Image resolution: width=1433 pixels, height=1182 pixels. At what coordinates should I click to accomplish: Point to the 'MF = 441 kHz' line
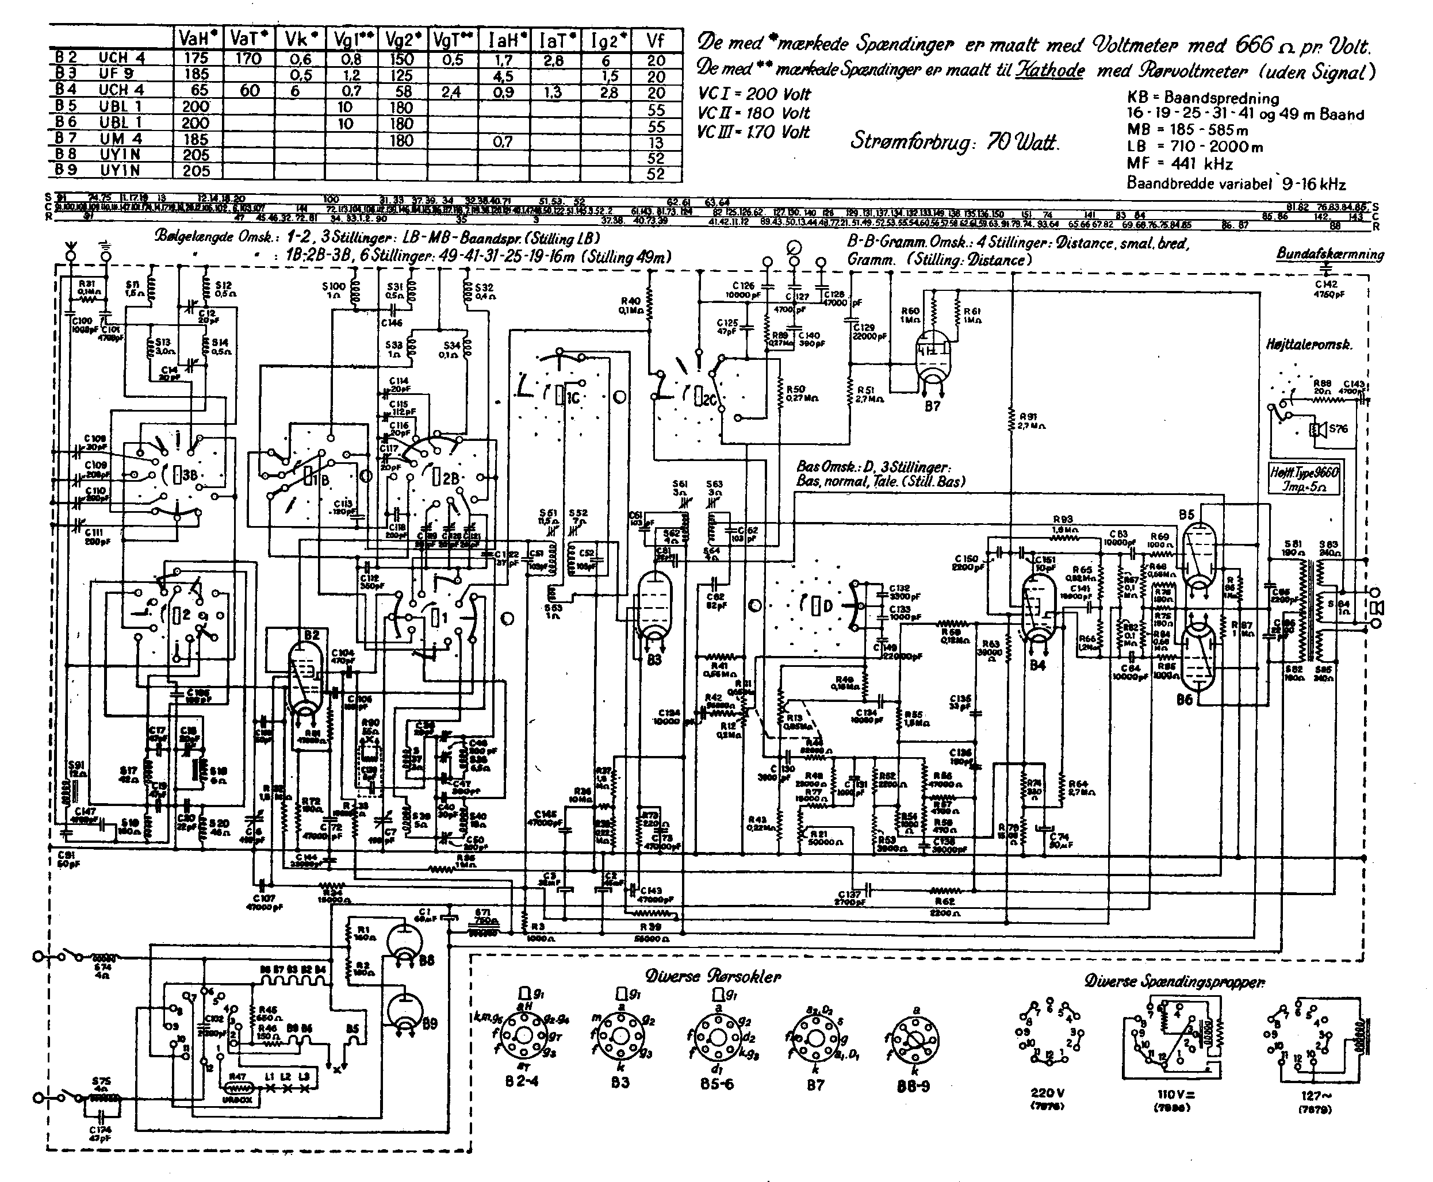tap(1179, 163)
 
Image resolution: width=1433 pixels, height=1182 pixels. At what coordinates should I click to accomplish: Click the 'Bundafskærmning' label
tap(1329, 254)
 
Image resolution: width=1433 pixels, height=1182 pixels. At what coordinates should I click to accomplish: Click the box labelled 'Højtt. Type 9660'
tap(1304, 480)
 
